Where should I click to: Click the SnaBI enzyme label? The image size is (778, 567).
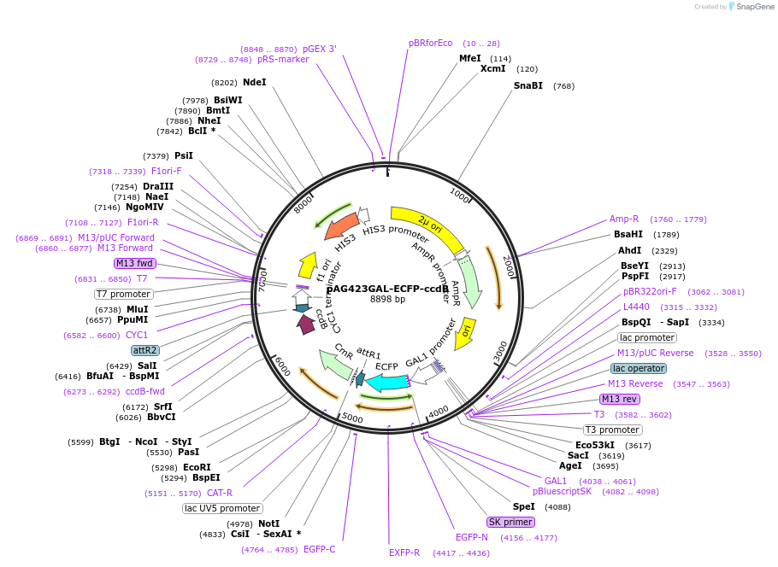coord(528,86)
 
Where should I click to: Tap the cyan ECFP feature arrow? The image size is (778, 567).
coord(386,382)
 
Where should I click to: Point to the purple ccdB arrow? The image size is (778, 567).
coord(305,324)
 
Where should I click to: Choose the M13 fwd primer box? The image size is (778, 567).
coord(134,264)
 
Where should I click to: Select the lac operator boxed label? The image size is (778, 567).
coord(638,368)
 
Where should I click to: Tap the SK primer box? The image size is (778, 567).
coord(510,522)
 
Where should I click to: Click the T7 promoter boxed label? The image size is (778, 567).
coord(124,295)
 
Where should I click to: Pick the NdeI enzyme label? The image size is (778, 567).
coord(254,83)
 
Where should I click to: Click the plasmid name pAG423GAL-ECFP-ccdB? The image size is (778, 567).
coord(387,289)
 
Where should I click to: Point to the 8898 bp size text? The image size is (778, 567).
coord(387,300)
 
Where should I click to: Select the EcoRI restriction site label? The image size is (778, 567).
coord(196,467)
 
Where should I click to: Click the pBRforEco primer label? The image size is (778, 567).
coord(430,44)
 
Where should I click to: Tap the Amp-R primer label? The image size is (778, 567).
coord(623,219)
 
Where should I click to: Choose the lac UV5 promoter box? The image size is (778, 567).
coord(221,509)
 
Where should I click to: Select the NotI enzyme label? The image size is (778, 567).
coord(268,523)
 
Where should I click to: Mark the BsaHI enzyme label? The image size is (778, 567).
coord(628,235)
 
